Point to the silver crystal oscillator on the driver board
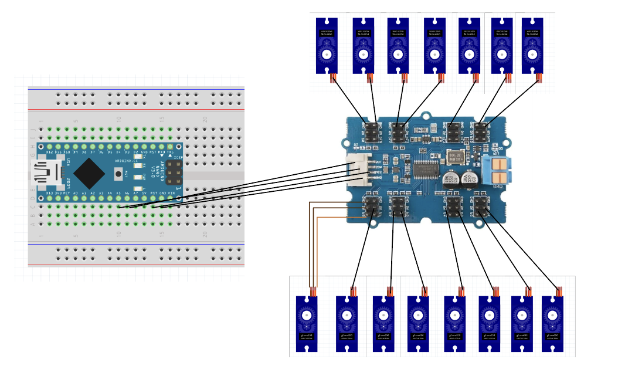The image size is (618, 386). (x=454, y=157)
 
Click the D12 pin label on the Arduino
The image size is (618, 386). (x=50, y=153)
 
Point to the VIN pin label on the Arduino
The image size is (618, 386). (x=171, y=192)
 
